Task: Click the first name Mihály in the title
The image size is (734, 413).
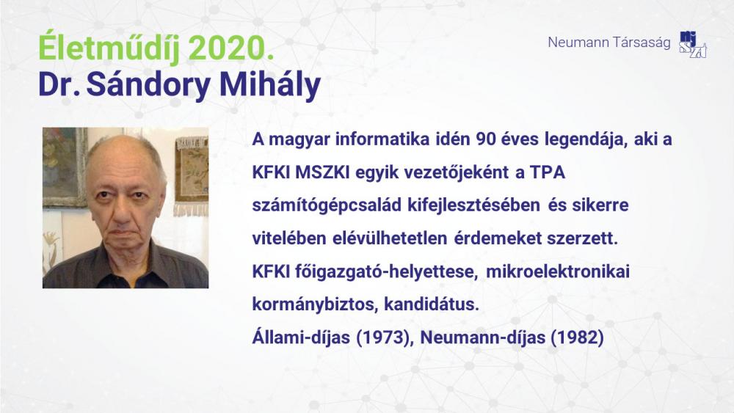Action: (270, 85)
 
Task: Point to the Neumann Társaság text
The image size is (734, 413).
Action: (609, 43)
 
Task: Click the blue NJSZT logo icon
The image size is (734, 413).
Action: (693, 45)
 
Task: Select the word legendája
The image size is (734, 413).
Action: (585, 140)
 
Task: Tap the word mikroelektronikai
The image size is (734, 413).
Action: (558, 271)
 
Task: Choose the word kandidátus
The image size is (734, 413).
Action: (432, 304)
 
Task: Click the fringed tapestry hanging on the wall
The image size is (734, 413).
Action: (192, 175)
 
